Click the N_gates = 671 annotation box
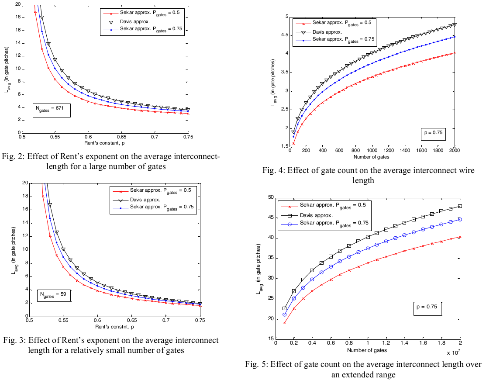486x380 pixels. [52, 110]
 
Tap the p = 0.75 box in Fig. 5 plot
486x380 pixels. [428, 309]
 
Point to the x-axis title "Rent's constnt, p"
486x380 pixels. [114, 326]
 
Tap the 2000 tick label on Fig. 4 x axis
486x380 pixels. [455, 156]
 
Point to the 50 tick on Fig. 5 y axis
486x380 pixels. [271, 197]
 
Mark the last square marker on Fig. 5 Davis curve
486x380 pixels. [460, 206]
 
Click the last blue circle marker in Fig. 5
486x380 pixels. [460, 219]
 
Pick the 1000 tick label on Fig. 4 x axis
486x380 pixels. [372, 156]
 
